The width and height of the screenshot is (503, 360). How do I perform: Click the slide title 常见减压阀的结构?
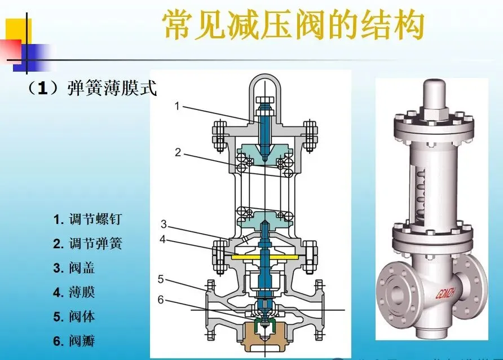pyautogui.click(x=293, y=26)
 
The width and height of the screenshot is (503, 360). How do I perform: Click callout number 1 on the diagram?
pyautogui.click(x=177, y=105)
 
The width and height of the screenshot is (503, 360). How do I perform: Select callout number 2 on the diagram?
pyautogui.click(x=178, y=152)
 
